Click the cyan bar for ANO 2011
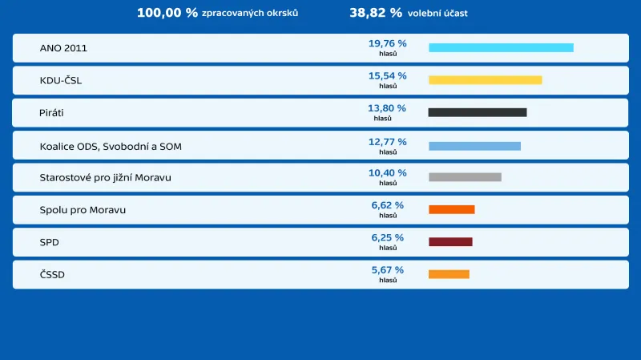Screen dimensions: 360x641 click(501, 47)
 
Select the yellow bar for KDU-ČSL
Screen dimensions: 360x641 click(485, 80)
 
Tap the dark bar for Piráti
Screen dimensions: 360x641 click(478, 112)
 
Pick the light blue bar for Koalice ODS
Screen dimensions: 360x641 click(474, 146)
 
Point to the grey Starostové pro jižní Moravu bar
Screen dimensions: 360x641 click(465, 177)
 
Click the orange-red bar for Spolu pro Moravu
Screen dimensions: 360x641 click(451, 209)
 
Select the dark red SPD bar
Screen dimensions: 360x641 click(450, 241)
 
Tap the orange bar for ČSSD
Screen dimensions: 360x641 click(449, 274)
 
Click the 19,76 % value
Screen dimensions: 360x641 click(387, 43)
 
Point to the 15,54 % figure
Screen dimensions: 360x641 click(387, 75)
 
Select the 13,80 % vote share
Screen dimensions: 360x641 click(386, 107)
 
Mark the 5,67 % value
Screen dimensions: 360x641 click(387, 270)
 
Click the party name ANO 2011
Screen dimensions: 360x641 click(63, 48)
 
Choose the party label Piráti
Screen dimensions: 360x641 click(51, 113)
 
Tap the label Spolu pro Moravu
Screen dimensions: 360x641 click(83, 210)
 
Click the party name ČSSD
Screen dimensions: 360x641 click(52, 274)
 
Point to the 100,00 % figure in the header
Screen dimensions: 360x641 click(167, 13)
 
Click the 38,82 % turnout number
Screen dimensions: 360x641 click(375, 13)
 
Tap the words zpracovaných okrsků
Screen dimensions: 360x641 click(250, 14)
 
